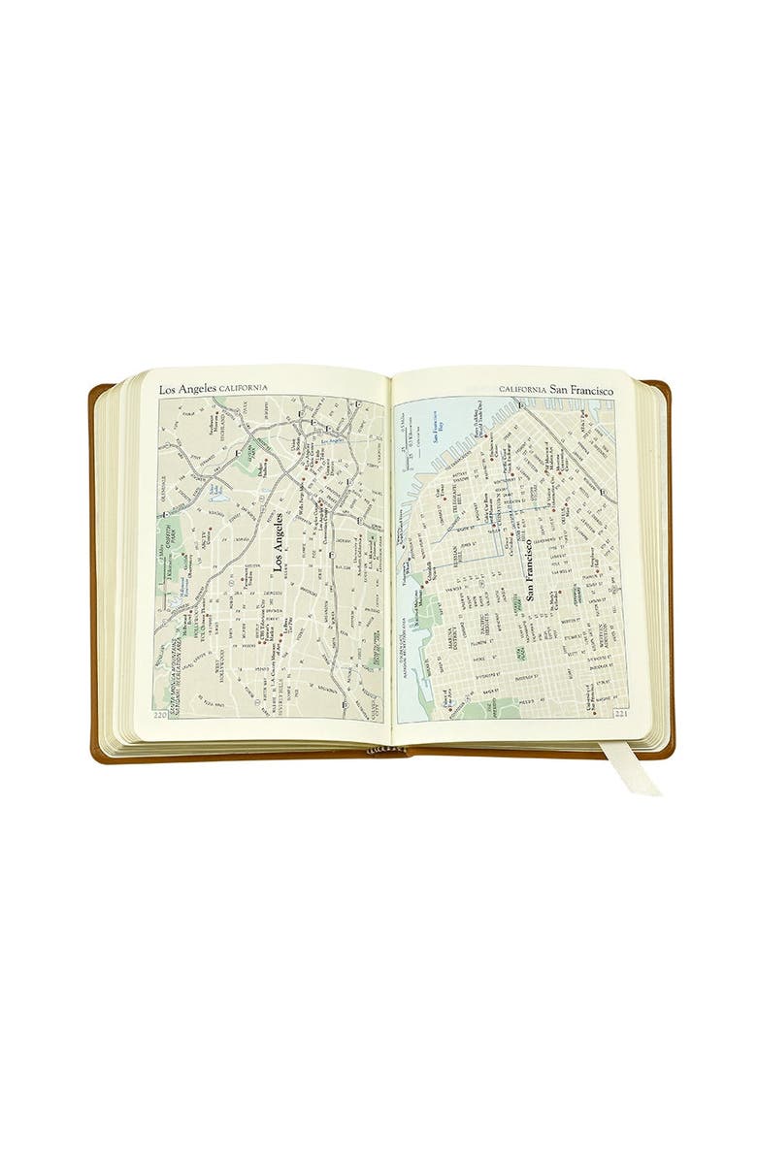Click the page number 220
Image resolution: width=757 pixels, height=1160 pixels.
[161, 717]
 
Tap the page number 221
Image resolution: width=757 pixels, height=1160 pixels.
[619, 717]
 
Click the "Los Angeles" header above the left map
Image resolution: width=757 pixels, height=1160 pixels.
[190, 389]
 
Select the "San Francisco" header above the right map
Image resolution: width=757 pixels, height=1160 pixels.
[582, 389]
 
